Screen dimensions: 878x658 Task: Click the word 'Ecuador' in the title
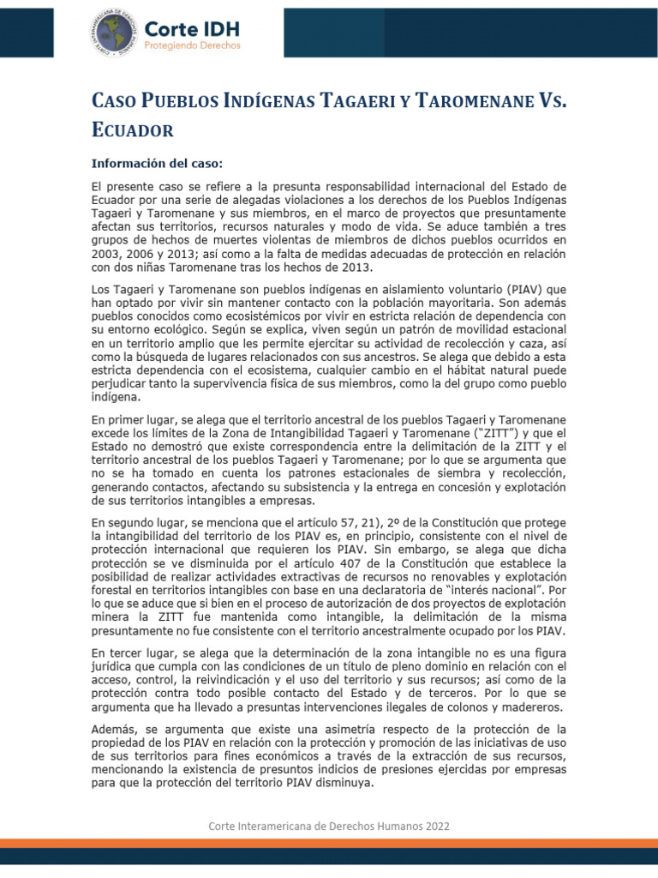coord(133,129)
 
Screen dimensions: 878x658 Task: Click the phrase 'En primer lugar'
coord(134,420)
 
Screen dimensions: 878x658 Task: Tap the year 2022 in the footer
coord(434,825)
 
